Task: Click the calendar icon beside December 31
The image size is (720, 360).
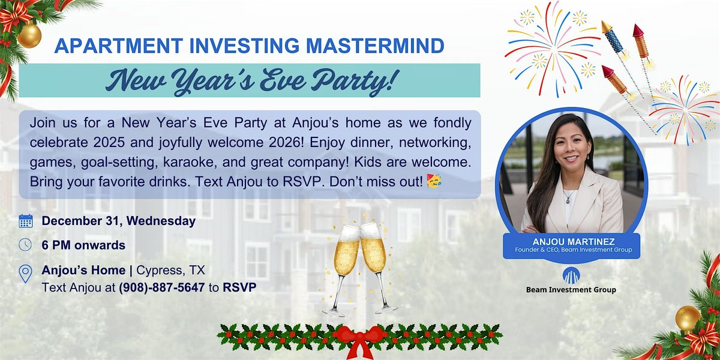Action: (x=26, y=221)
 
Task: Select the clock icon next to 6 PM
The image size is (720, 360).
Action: (x=26, y=245)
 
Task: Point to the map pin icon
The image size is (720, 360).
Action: (x=26, y=274)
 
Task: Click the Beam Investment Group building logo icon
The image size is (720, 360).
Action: (x=571, y=275)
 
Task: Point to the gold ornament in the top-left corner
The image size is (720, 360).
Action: (x=28, y=36)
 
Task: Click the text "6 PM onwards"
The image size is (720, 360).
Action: (x=83, y=245)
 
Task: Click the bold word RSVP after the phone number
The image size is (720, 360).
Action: (x=239, y=287)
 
